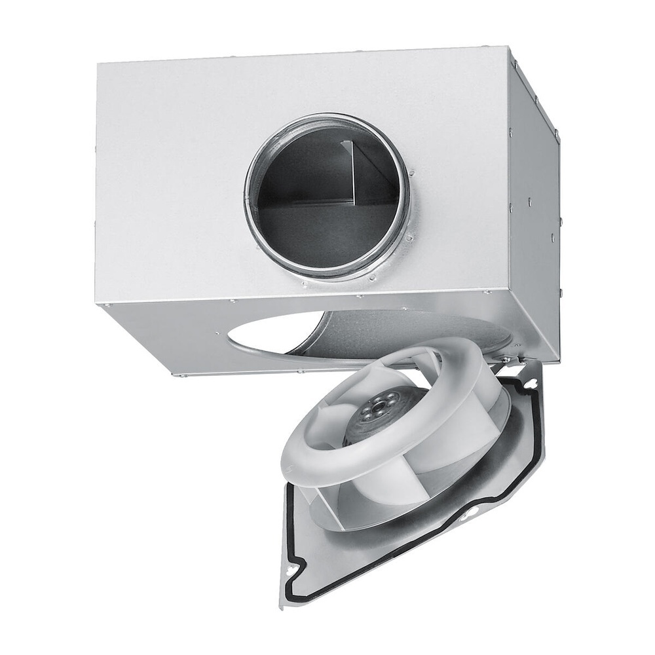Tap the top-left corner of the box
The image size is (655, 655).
(98, 64)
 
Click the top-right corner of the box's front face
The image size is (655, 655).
(511, 47)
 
